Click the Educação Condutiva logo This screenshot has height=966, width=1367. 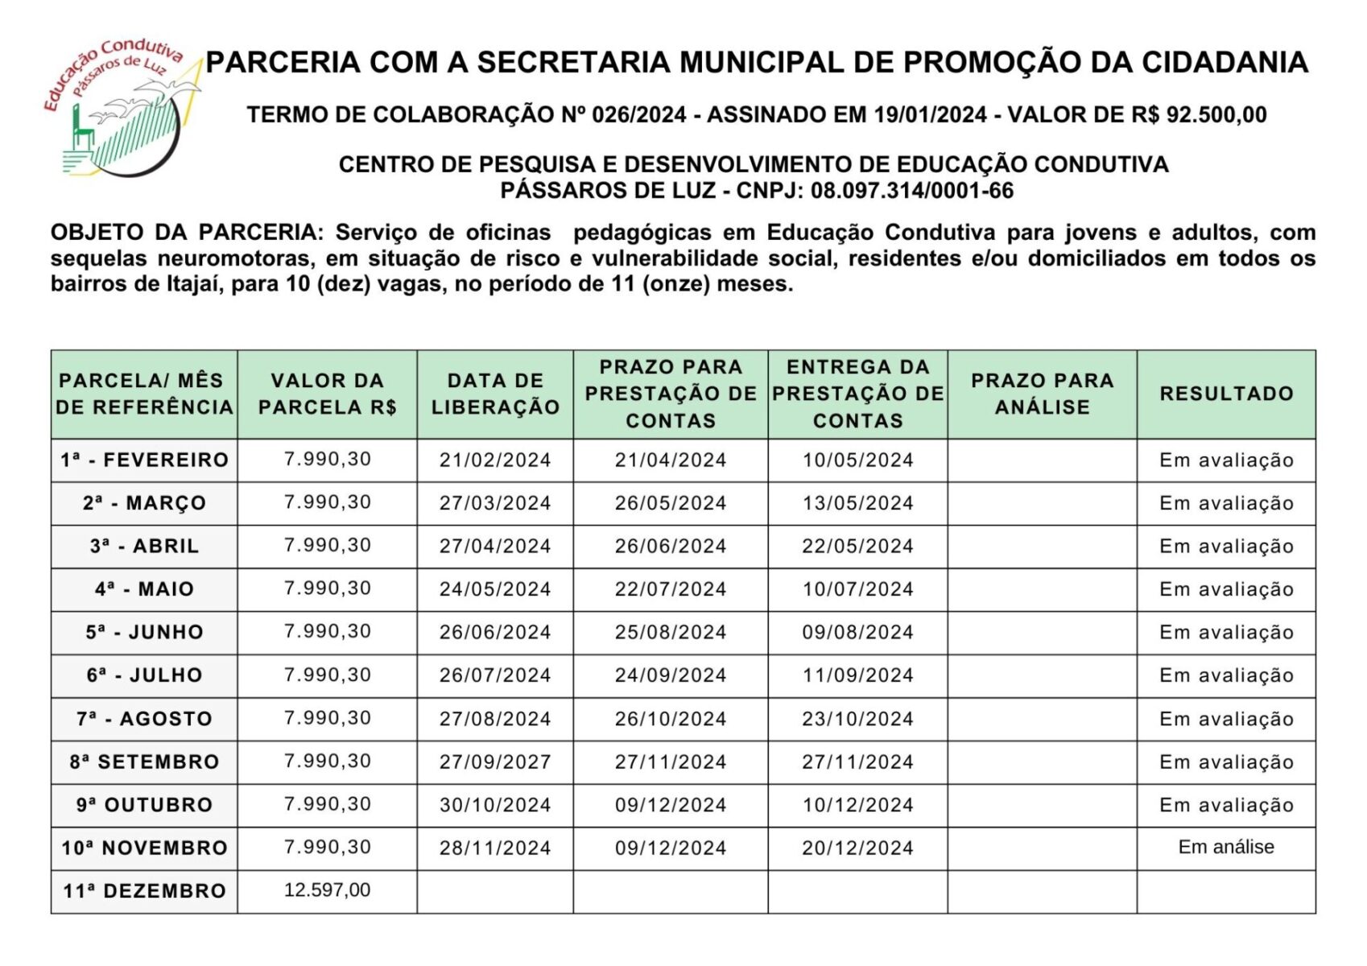121,109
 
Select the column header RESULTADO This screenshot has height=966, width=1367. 1226,394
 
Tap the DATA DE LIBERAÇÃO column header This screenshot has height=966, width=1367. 495,394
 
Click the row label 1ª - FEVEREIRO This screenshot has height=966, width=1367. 144,460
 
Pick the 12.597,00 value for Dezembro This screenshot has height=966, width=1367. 327,890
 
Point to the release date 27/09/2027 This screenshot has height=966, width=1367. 495,762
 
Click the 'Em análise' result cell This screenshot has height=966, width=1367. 1226,847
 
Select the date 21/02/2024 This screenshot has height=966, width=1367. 495,460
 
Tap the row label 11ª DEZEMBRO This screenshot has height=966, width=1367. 144,891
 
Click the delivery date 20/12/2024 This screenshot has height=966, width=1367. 857,848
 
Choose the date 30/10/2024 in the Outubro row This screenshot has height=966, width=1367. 495,805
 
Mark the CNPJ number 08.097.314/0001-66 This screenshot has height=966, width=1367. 912,191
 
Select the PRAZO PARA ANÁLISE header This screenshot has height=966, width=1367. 1042,394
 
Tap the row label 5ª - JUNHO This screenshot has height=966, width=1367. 144,633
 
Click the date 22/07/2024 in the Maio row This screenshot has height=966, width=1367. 671,589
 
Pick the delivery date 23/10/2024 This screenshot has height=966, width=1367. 857,719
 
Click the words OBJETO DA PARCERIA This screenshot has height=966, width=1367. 186,233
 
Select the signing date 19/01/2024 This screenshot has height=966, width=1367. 931,115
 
